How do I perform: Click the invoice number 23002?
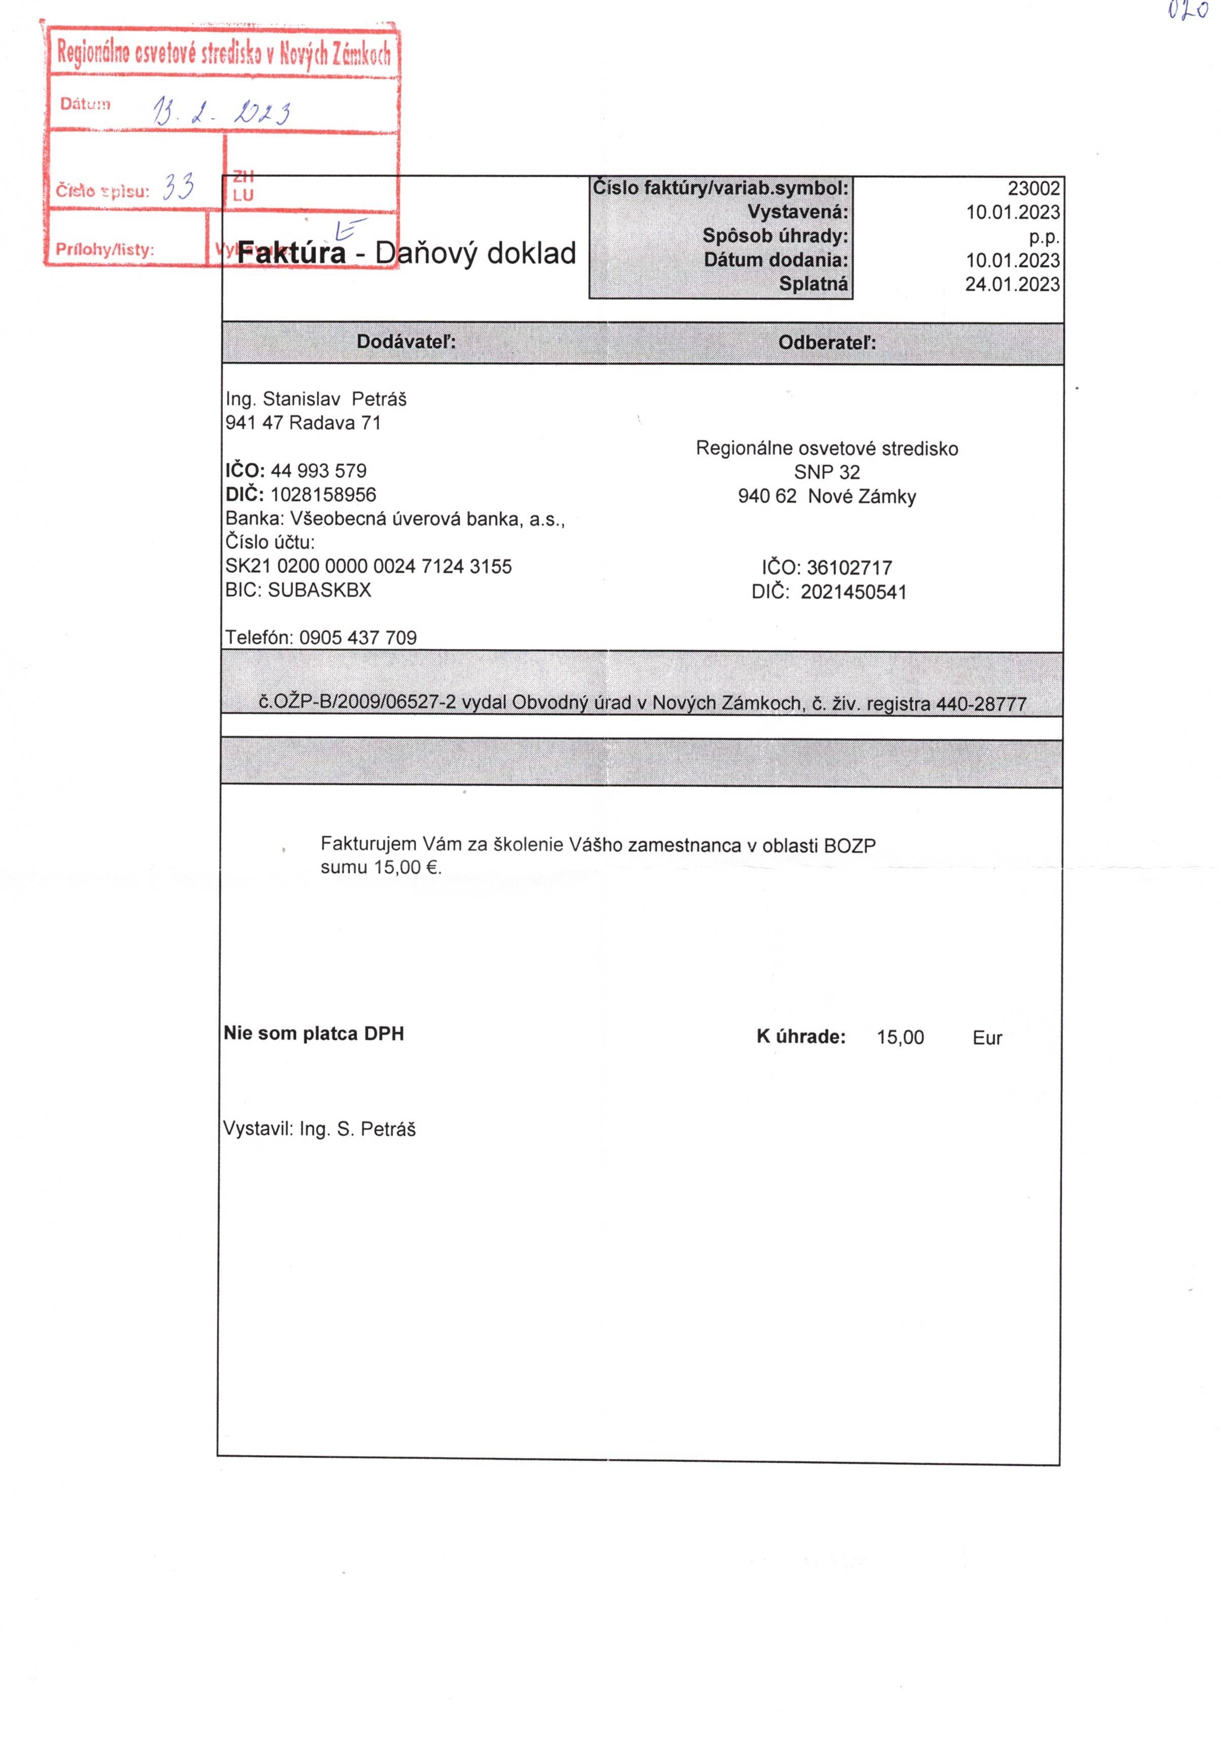(1033, 188)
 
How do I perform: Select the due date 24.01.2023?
(1012, 284)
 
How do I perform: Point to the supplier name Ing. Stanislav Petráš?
(316, 399)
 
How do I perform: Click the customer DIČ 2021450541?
(853, 592)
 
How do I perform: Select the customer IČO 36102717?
(848, 568)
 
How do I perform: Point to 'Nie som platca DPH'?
(313, 1033)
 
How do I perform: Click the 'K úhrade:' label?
(801, 1037)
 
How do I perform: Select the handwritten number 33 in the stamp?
(179, 187)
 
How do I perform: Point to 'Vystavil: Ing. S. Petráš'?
(319, 1129)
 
